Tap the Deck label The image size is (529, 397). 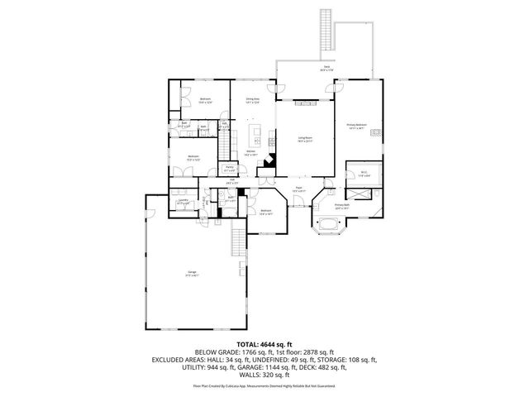327,68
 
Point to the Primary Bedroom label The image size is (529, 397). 358,127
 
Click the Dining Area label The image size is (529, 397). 252,100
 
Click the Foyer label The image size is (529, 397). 298,189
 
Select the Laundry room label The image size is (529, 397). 181,201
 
